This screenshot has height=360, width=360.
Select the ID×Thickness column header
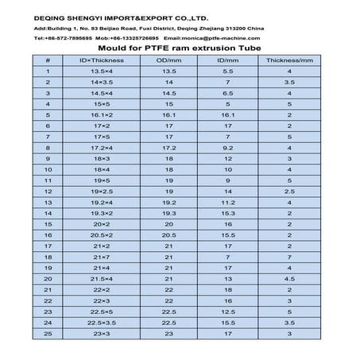click(x=99, y=60)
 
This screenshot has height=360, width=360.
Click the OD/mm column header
click(x=168, y=60)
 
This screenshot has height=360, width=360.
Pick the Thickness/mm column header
click(x=289, y=60)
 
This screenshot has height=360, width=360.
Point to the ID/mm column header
click(x=228, y=60)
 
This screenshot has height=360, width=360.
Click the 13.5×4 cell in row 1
click(x=99, y=71)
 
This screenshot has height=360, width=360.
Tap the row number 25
click(x=48, y=335)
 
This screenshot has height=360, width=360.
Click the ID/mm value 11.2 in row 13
click(x=228, y=203)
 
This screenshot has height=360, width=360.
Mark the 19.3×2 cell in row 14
click(x=99, y=214)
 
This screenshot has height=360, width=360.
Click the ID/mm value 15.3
click(x=228, y=214)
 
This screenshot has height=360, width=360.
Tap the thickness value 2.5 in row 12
click(x=289, y=192)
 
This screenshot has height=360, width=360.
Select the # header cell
click(x=48, y=60)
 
